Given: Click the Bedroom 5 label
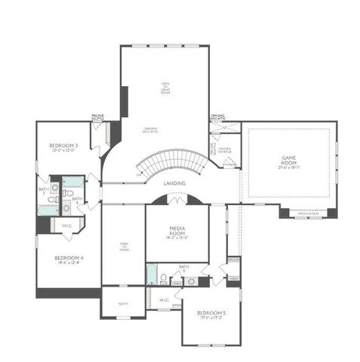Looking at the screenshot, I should [211, 312].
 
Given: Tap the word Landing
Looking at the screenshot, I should [176, 183].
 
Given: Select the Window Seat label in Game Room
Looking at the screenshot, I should [309, 213].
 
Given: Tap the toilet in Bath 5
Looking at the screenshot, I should [163, 280].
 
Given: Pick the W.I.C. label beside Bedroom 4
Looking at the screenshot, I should [67, 225].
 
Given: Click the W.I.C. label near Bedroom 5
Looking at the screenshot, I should [165, 299].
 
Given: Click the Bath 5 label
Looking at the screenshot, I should [183, 268].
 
